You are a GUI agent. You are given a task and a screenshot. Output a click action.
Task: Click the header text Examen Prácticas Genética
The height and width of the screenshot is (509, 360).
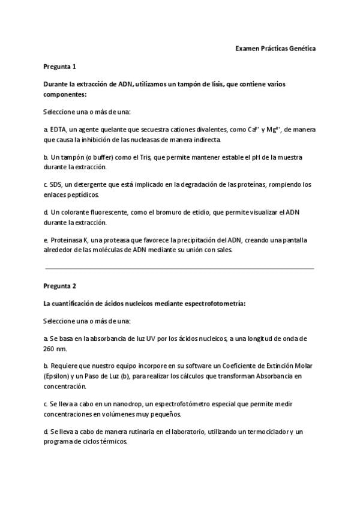[275, 48]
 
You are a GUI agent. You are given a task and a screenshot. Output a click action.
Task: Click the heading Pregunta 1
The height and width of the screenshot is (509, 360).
[59, 67]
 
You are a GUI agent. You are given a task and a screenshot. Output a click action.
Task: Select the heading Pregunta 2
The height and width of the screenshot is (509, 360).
[59, 286]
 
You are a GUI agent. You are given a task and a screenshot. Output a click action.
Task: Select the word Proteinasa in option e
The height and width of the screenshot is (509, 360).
[68, 241]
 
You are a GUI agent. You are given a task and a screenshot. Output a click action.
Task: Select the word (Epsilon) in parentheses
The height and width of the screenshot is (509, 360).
[58, 376]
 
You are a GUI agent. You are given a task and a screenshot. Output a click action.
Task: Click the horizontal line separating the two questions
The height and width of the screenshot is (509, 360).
[180, 268]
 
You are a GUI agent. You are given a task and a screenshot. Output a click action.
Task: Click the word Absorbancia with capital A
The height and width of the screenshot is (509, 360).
[267, 376]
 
